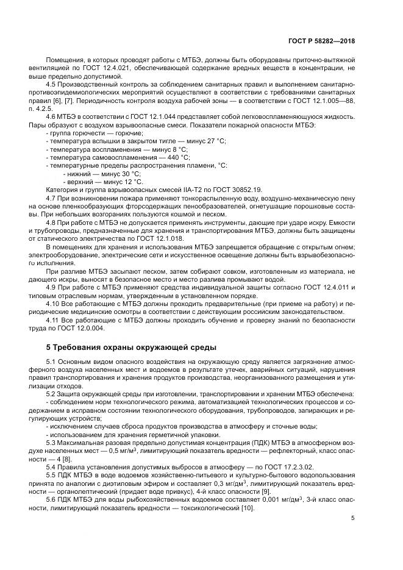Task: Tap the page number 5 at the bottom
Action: click(352, 518)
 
